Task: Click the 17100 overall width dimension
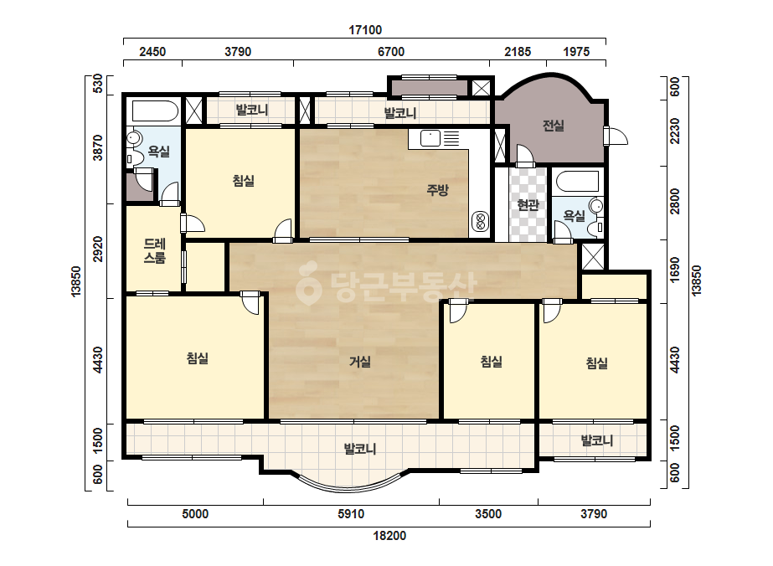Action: click(x=365, y=30)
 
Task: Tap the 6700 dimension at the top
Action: click(x=391, y=52)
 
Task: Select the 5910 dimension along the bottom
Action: click(x=351, y=514)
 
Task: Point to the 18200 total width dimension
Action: click(x=389, y=536)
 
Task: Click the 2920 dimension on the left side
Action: click(x=98, y=249)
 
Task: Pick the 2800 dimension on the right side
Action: click(x=675, y=201)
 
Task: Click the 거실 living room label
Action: click(x=360, y=362)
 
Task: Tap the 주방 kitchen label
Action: click(x=437, y=190)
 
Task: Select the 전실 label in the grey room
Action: click(x=553, y=126)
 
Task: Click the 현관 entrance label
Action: click(x=528, y=204)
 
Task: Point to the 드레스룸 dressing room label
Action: click(x=155, y=250)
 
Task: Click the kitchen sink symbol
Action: click(x=430, y=138)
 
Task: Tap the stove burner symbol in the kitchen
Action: click(x=480, y=221)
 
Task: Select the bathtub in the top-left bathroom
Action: click(x=155, y=111)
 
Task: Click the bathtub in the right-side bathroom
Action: click(x=577, y=182)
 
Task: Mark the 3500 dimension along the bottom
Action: click(x=488, y=514)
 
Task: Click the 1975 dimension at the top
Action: click(x=576, y=52)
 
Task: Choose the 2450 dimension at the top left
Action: click(x=152, y=52)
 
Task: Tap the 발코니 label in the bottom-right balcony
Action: click(x=596, y=440)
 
